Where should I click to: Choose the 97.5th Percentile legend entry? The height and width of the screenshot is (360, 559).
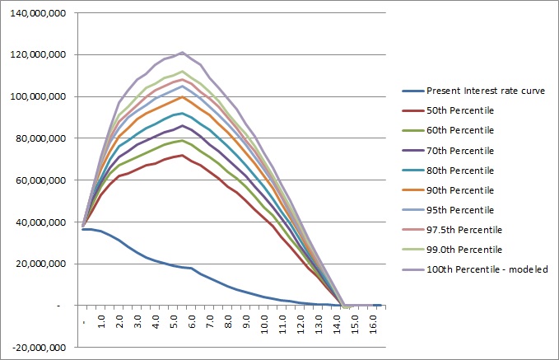[464, 229]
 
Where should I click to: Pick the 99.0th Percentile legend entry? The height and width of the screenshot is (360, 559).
[464, 249]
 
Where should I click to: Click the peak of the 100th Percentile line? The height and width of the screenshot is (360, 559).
[183, 53]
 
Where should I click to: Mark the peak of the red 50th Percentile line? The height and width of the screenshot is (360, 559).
[183, 155]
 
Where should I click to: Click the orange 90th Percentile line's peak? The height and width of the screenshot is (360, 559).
[183, 96]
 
